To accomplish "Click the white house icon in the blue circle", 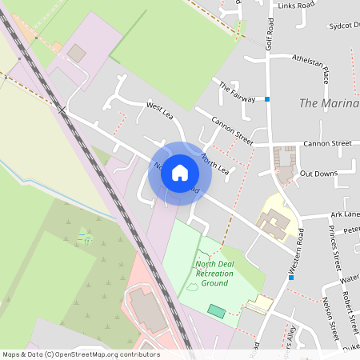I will pos(180,172).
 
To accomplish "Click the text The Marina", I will pos(329,103).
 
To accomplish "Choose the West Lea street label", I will pos(160,111).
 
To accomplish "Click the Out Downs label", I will pos(318,174).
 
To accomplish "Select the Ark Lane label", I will pos(344,214).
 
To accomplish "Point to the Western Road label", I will pos(298,251).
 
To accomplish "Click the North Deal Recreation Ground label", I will pos(214,274).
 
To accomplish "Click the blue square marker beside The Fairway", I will pos(267,99).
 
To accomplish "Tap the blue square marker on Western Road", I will pos(290,277).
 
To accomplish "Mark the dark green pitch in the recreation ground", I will pos(216,310).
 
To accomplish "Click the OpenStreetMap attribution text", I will pos(81,354).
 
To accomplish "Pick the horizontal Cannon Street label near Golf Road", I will pos(325,144).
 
